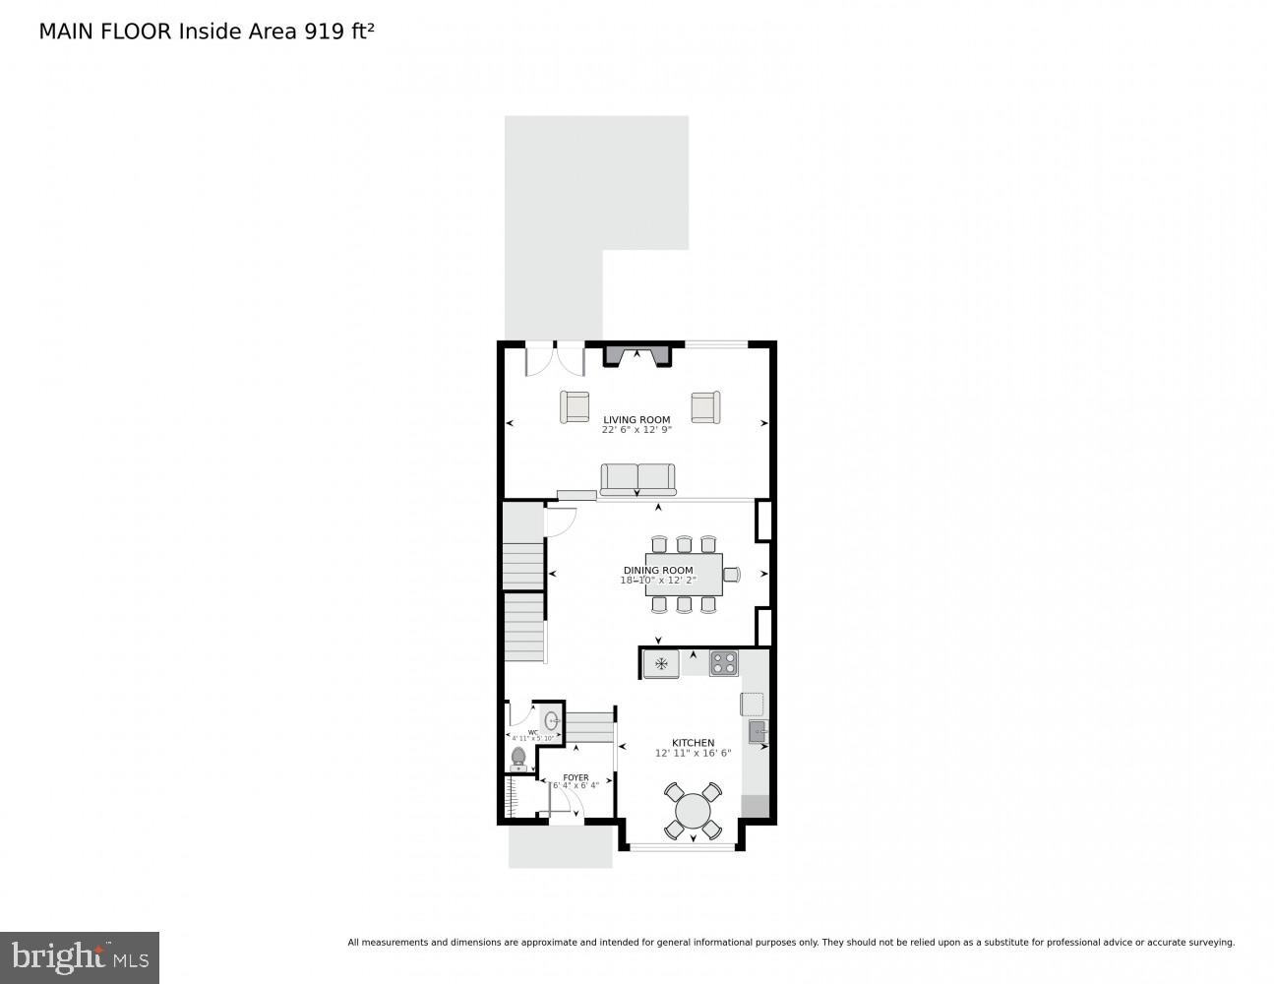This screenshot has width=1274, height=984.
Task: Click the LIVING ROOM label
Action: click(637, 420)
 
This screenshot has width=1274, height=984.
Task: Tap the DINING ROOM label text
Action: click(657, 571)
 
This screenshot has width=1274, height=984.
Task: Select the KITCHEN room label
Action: click(693, 743)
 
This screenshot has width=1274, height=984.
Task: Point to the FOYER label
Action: click(576, 777)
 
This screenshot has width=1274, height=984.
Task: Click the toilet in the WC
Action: click(518, 759)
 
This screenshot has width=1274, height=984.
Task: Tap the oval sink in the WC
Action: click(551, 720)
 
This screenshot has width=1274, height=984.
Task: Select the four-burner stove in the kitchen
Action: click(723, 663)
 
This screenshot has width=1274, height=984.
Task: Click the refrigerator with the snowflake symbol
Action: click(661, 664)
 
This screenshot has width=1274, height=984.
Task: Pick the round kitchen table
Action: click(693, 811)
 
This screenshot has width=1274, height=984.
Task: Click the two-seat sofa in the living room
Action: click(638, 479)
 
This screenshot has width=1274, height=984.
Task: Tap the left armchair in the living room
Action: click(575, 406)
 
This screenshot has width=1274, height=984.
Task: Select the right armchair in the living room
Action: click(704, 406)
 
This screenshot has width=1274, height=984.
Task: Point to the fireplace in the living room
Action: click(637, 354)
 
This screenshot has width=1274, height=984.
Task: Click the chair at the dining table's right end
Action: click(731, 575)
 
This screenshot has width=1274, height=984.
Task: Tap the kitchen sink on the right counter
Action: click(757, 731)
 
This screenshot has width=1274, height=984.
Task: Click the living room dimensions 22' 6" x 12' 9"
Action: click(637, 430)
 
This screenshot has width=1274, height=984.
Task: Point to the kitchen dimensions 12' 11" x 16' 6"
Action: click(693, 754)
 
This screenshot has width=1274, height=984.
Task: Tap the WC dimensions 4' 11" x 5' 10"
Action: click(532, 738)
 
